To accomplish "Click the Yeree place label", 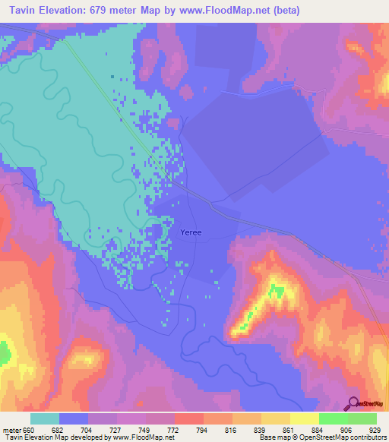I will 191,233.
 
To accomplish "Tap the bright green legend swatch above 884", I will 333,418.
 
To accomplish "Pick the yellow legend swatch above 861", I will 275,418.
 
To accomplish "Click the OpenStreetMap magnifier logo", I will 352,404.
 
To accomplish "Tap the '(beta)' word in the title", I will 286,11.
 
